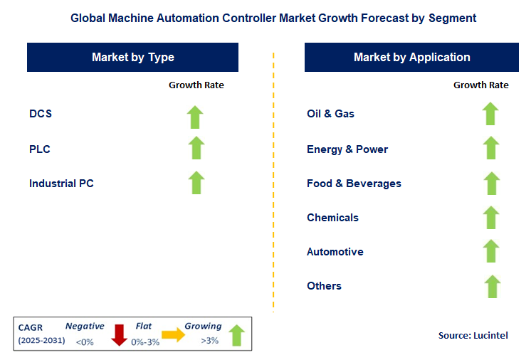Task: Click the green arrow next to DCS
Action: point(196,116)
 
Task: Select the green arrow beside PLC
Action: point(196,148)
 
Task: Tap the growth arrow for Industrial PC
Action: point(196,182)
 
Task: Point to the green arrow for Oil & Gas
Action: point(490,114)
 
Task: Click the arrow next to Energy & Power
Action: point(490,148)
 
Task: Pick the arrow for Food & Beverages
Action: point(490,183)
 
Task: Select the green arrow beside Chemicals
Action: point(490,217)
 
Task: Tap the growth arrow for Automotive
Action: point(490,251)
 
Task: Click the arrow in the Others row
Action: point(490,286)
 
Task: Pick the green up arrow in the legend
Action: point(237,334)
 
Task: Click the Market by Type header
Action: point(132,58)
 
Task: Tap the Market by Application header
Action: point(411,58)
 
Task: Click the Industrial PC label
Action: point(61,184)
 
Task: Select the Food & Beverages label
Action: point(354,184)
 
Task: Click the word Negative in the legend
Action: point(85,326)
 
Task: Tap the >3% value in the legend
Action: point(209,341)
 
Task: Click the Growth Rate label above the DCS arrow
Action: point(196,85)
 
